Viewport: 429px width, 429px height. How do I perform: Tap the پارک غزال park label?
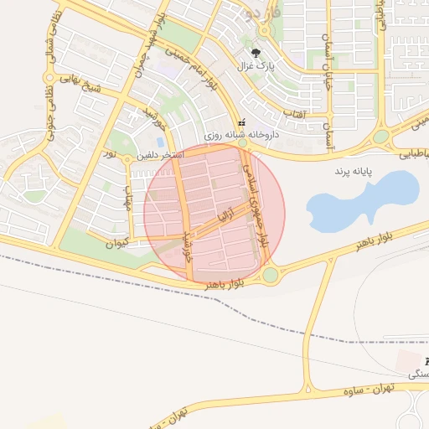coord(257,65)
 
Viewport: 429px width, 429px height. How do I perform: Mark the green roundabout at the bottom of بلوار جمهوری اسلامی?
coord(270,275)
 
